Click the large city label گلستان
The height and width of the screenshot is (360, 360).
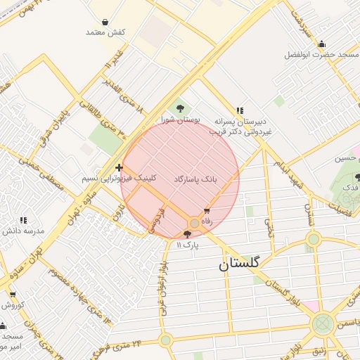point(238,264)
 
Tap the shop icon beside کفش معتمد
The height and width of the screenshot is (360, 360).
point(105,22)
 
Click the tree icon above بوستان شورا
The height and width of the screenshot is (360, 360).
point(181,108)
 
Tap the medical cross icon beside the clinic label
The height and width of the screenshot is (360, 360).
point(119,168)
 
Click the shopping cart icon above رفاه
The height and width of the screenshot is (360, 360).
point(207,211)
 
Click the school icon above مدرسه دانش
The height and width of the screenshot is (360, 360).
point(23,220)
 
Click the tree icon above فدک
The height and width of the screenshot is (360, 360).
point(358,177)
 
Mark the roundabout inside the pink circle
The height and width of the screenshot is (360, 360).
point(194,224)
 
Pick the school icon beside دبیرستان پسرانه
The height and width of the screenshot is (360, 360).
point(240,110)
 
